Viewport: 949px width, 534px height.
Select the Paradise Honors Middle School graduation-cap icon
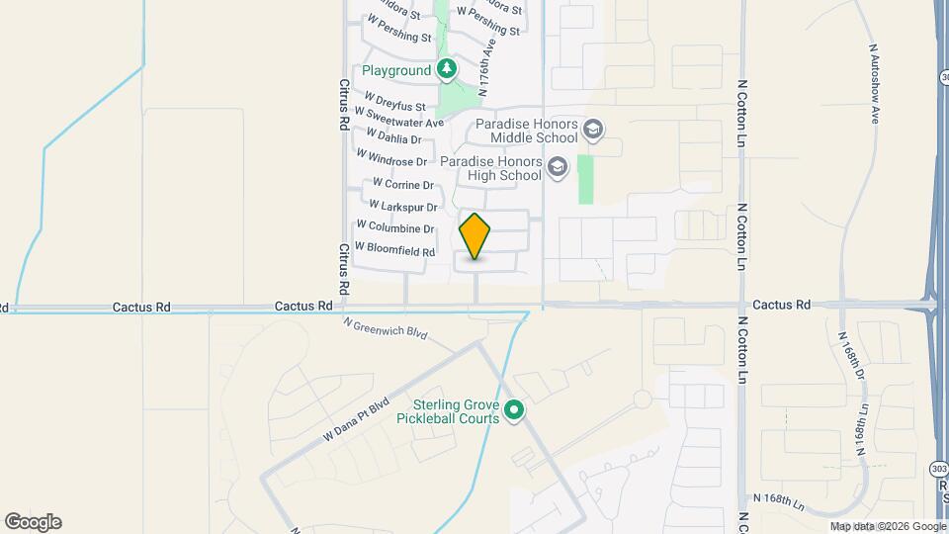(x=593, y=129)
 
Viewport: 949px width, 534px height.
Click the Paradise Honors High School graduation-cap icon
(x=558, y=166)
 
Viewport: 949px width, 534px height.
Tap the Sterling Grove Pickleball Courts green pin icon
(x=513, y=409)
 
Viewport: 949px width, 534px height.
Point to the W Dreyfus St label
(x=394, y=102)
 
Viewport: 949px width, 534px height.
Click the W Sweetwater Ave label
(x=404, y=119)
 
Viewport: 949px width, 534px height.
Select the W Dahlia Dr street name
(x=393, y=136)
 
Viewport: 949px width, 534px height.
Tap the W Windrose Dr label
(x=391, y=158)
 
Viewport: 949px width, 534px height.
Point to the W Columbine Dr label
(x=395, y=228)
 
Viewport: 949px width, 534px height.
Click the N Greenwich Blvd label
(x=385, y=328)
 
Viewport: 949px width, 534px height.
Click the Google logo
(x=33, y=522)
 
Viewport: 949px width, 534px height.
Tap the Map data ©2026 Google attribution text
(x=887, y=527)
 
